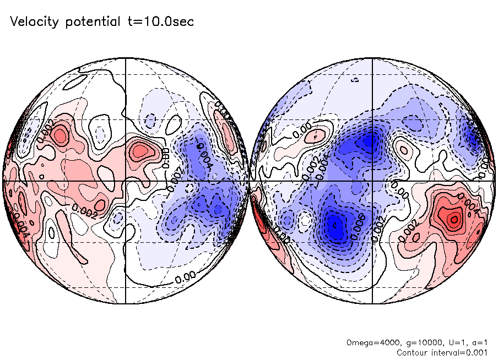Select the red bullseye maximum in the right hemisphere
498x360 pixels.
coord(453,219)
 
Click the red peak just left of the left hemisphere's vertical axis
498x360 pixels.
coord(141,149)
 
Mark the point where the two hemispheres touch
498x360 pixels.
coord(250,181)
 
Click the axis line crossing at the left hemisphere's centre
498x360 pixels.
coord(126,181)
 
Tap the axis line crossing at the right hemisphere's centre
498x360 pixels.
coord(373,181)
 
